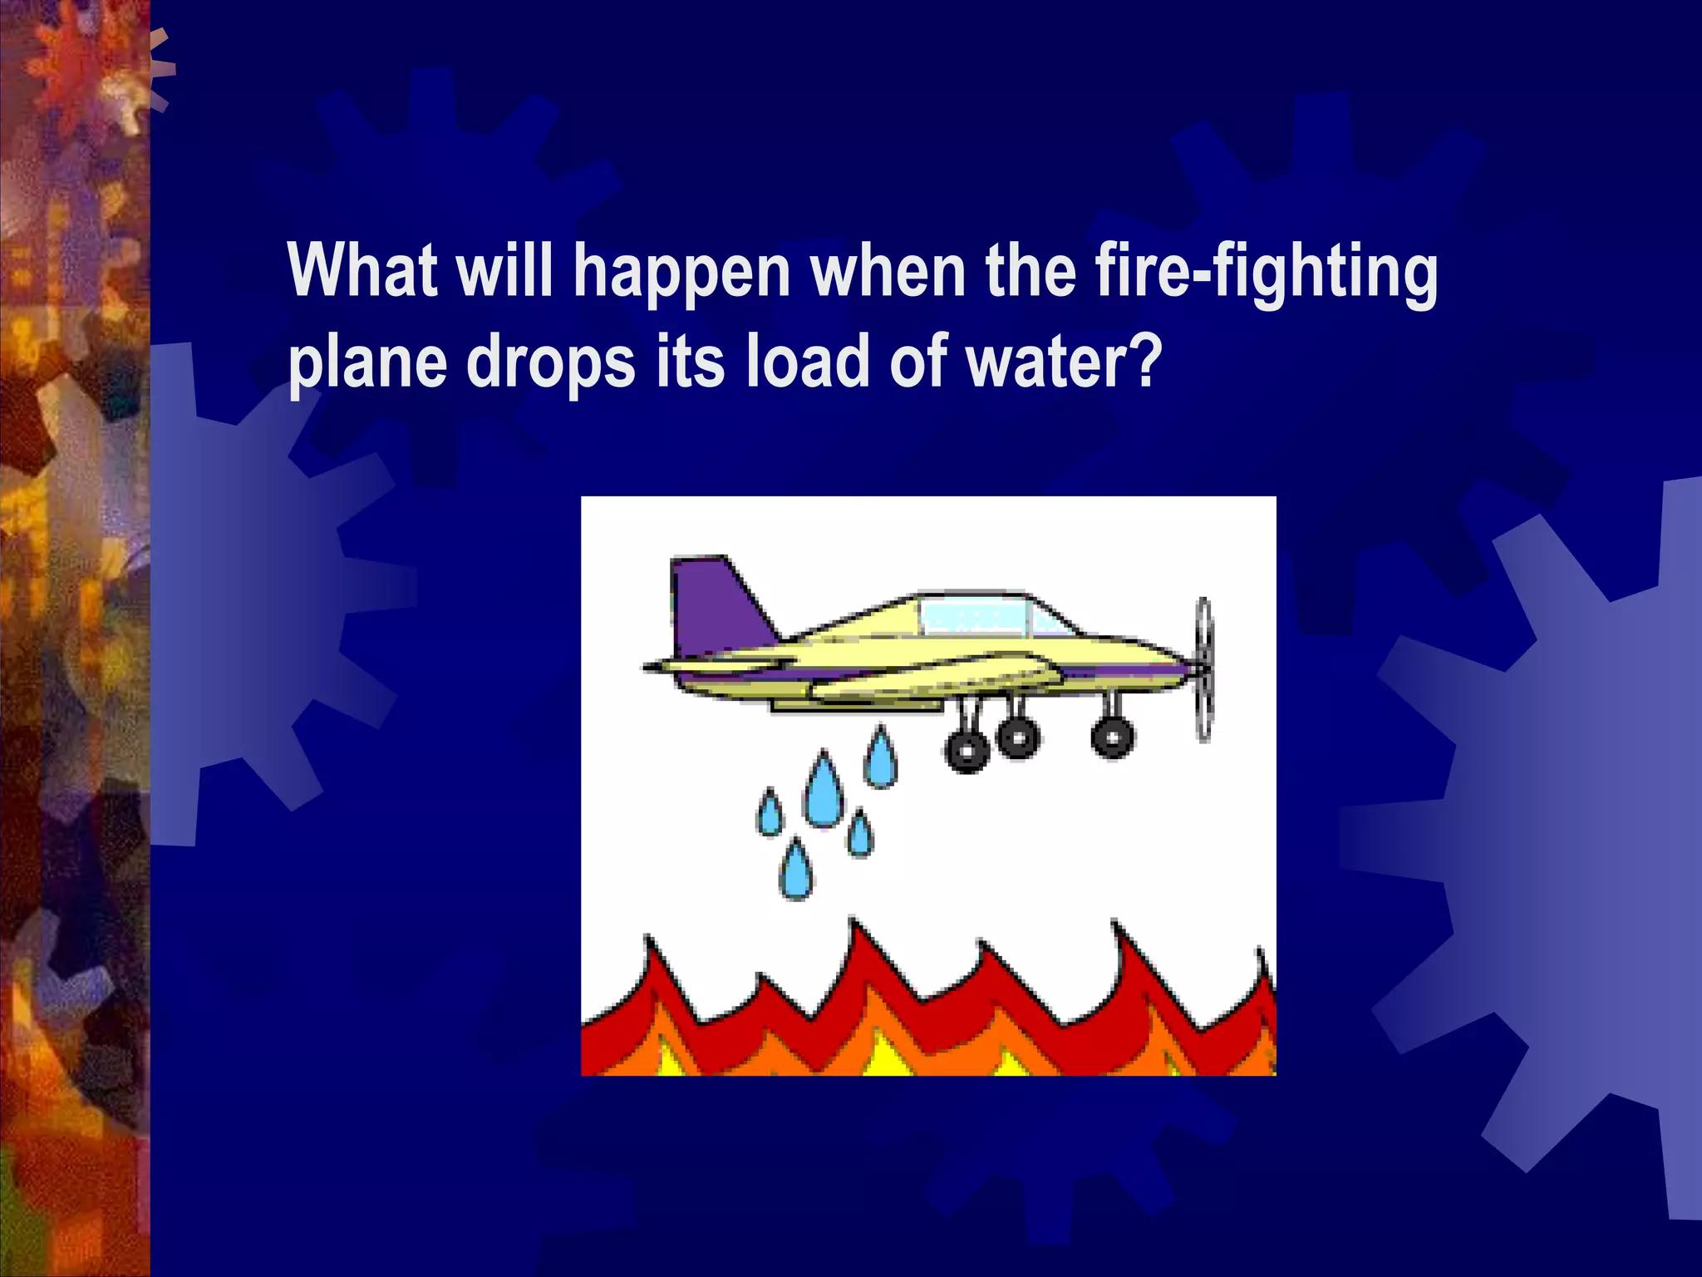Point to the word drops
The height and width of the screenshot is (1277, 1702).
tap(550, 364)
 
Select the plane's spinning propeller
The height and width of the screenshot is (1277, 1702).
tap(1203, 668)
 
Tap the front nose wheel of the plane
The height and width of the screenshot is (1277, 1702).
tap(1112, 737)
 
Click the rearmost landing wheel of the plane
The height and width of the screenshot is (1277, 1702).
tap(967, 751)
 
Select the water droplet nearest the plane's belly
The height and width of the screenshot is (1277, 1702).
tap(880, 760)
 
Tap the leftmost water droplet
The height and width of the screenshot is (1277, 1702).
tap(770, 814)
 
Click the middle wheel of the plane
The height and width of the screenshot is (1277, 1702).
tap(1017, 736)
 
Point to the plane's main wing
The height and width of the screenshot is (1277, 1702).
tap(931, 678)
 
